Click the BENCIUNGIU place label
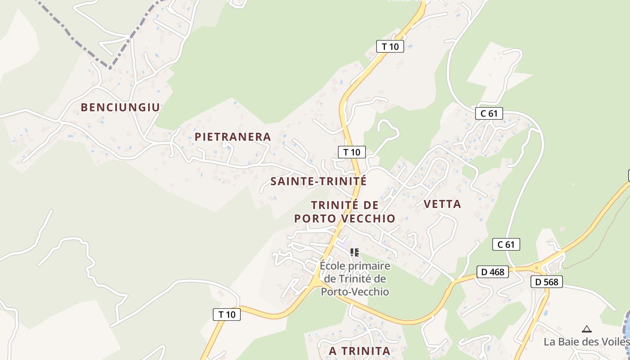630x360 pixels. click(120, 107)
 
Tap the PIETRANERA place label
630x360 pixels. click(233, 137)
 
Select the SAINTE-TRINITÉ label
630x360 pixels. click(319, 181)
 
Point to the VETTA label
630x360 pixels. click(442, 204)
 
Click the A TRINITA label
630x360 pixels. click(359, 351)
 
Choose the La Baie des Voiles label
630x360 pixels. click(586, 342)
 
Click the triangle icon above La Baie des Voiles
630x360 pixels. click(586, 329)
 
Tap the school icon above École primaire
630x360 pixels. click(355, 252)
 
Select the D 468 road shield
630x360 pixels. click(492, 272)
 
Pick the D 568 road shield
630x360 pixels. click(547, 282)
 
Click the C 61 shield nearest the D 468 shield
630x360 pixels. click(506, 244)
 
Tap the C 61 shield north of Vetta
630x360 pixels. click(489, 113)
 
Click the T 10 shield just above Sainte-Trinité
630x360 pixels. click(351, 152)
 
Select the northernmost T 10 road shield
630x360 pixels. click(390, 46)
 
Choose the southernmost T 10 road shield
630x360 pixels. click(227, 315)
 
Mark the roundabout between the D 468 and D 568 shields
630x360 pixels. click(536, 268)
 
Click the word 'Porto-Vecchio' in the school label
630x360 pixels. click(355, 292)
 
